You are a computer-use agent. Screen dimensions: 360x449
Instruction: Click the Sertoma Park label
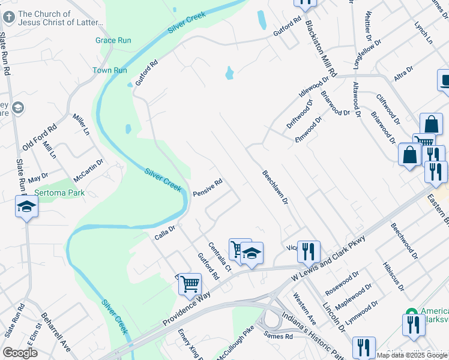[59, 193]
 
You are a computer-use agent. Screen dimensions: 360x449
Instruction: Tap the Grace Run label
[113, 41]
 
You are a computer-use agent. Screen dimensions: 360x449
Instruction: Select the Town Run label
[110, 71]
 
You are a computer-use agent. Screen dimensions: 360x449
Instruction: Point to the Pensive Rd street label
[208, 188]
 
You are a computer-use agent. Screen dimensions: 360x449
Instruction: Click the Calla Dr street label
[164, 229]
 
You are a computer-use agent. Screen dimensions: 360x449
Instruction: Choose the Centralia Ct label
[220, 256]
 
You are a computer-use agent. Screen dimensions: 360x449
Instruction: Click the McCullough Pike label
[236, 344]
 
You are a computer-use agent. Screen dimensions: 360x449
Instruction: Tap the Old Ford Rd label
[39, 137]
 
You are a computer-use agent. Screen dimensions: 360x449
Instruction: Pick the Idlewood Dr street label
[315, 86]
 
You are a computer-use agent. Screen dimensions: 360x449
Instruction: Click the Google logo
[20, 353]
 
